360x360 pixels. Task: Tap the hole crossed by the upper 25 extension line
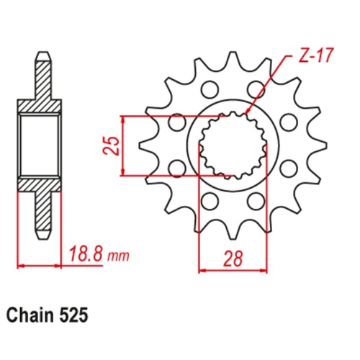point(175,122)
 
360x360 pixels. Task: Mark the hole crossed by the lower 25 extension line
point(175,169)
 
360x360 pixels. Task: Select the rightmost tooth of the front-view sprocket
point(311,146)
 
